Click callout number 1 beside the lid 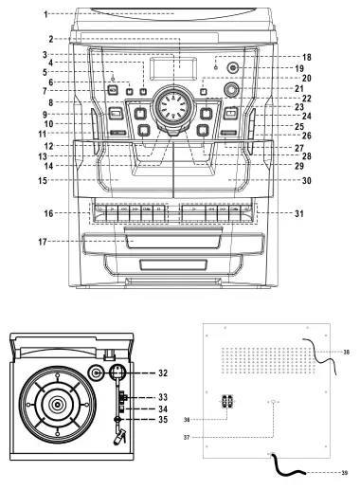pos(45,14)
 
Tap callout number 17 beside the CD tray pos(43,242)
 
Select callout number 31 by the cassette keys pos(299,213)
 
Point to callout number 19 pos(299,68)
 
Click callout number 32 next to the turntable pos(163,373)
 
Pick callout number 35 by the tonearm pos(163,420)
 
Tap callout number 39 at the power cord pos(344,473)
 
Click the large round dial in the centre pos(172,107)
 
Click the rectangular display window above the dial pos(173,68)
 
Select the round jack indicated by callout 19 pos(233,67)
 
